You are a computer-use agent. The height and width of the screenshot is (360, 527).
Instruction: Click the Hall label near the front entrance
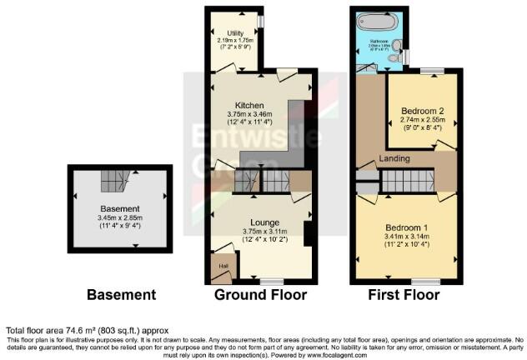point(223,266)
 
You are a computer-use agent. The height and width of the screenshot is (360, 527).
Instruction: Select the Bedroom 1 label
point(406,227)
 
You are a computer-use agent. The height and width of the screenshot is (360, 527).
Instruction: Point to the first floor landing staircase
point(409,180)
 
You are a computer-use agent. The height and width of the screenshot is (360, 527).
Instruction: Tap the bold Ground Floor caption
point(260,295)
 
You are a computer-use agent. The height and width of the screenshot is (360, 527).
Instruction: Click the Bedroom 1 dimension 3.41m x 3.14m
point(406,236)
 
